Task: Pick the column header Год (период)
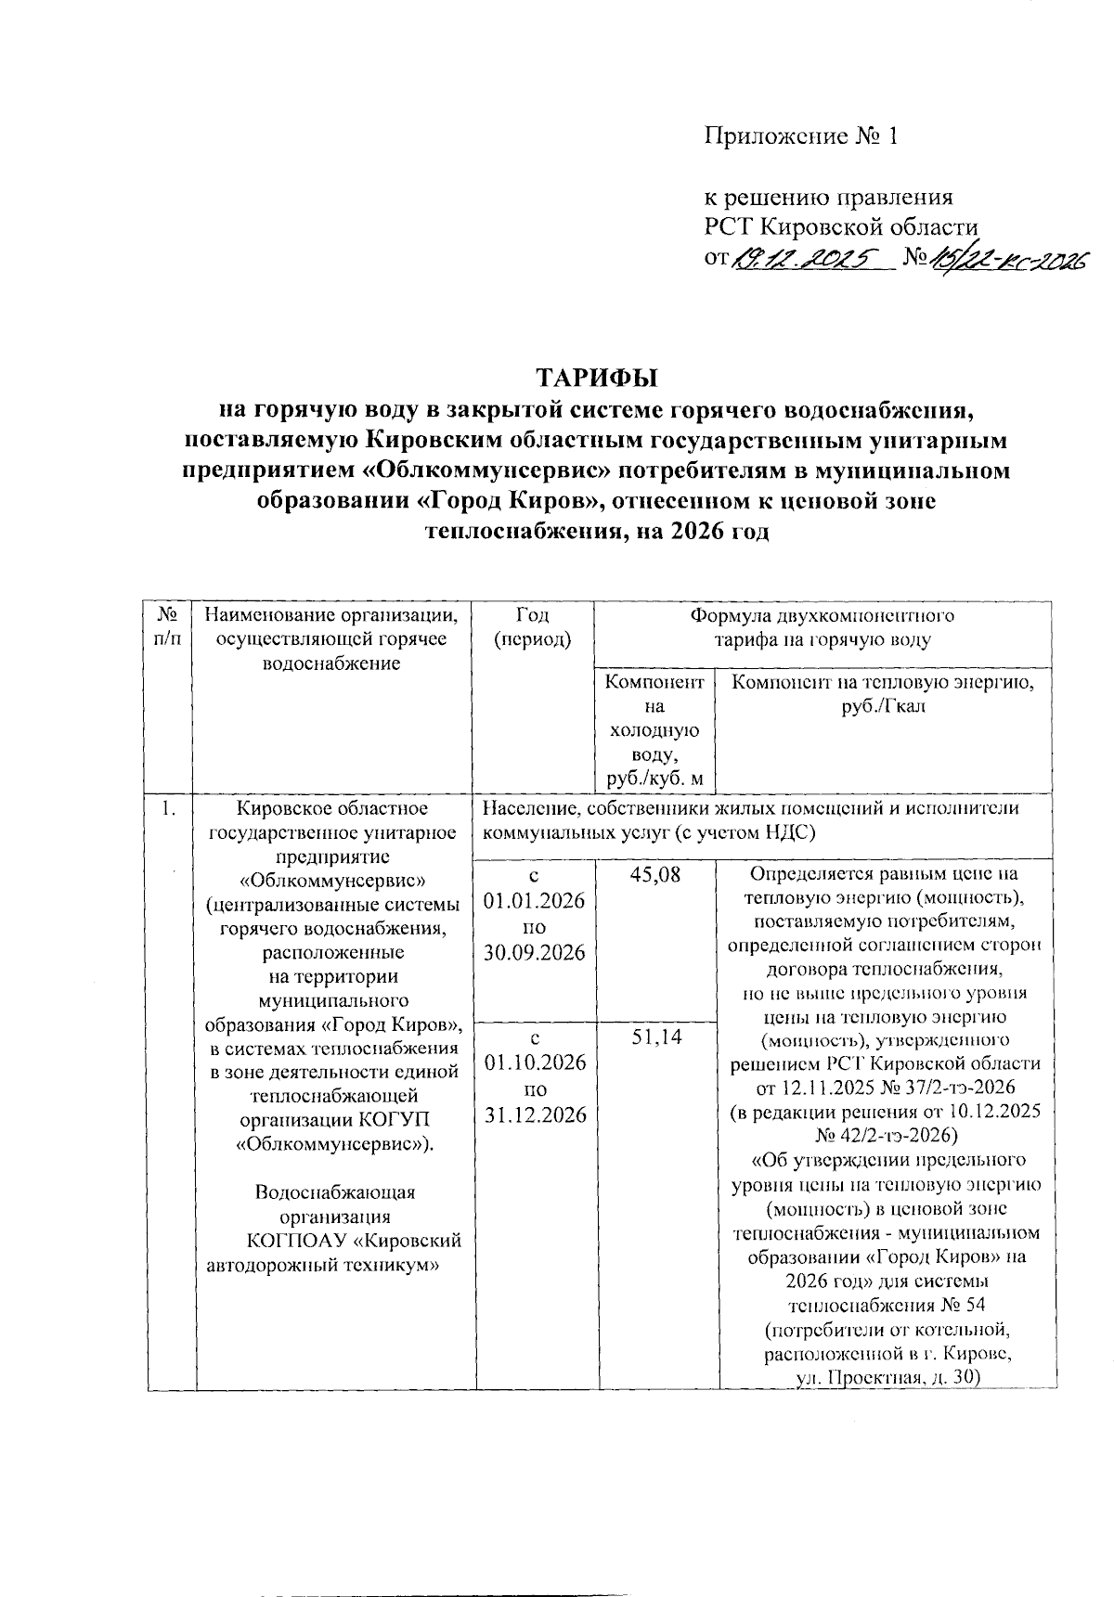[533, 627]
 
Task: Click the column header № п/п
[168, 627]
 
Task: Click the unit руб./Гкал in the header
[884, 706]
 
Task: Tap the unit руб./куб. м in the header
[655, 777]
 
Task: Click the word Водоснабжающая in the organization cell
[335, 1192]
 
